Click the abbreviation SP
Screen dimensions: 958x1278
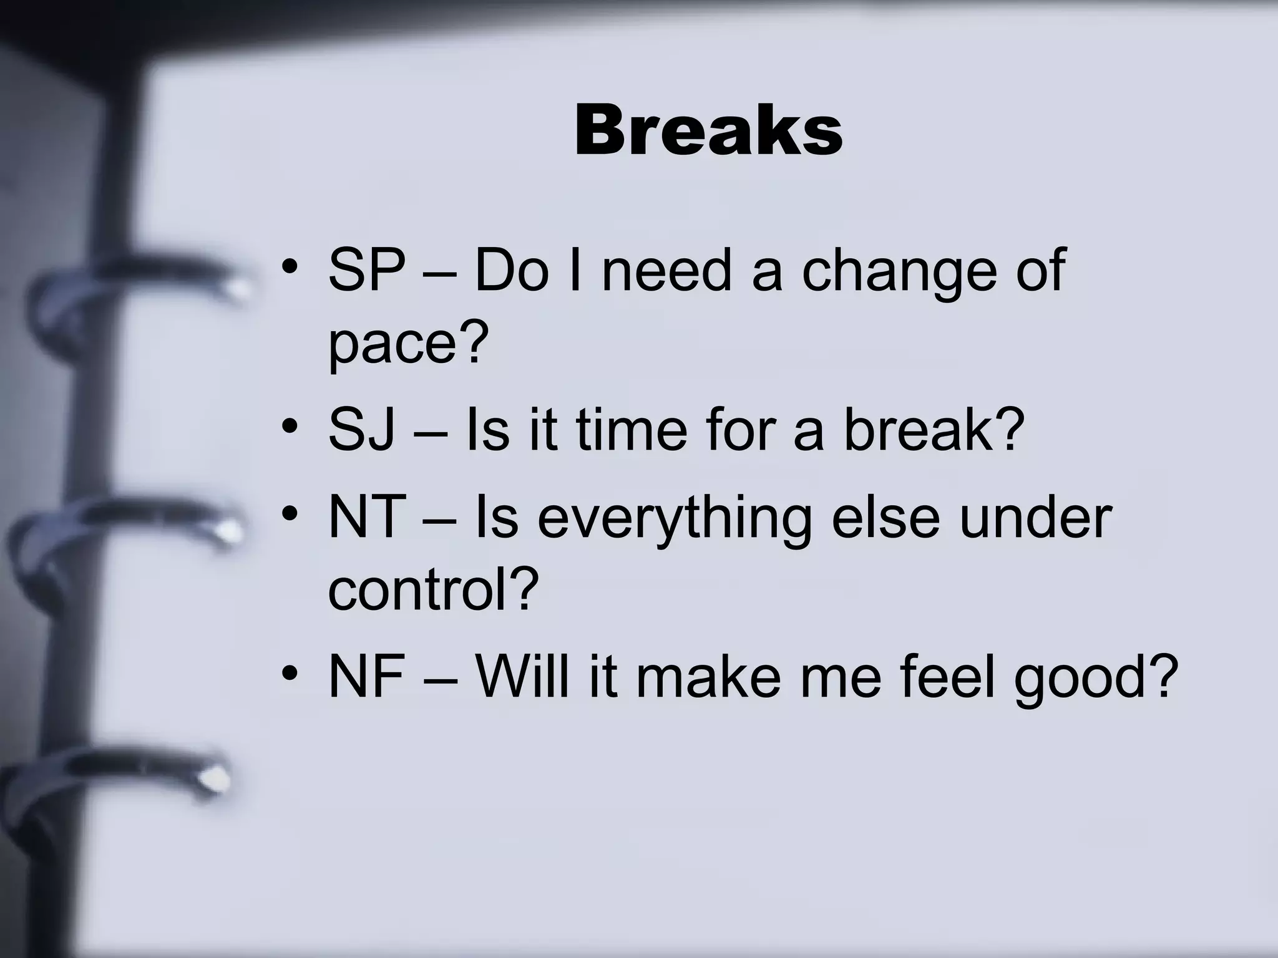click(366, 270)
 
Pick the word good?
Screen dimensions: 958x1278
click(1096, 679)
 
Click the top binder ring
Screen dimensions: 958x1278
click(144, 293)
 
